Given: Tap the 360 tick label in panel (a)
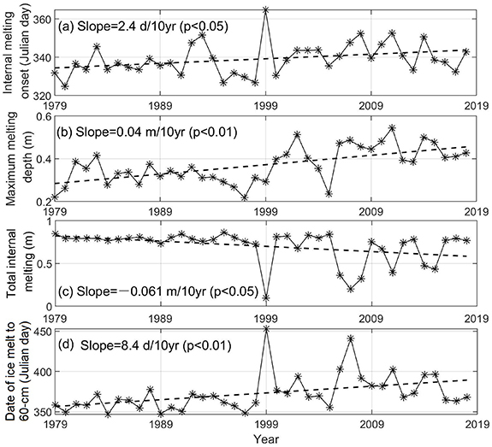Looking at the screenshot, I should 39,17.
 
